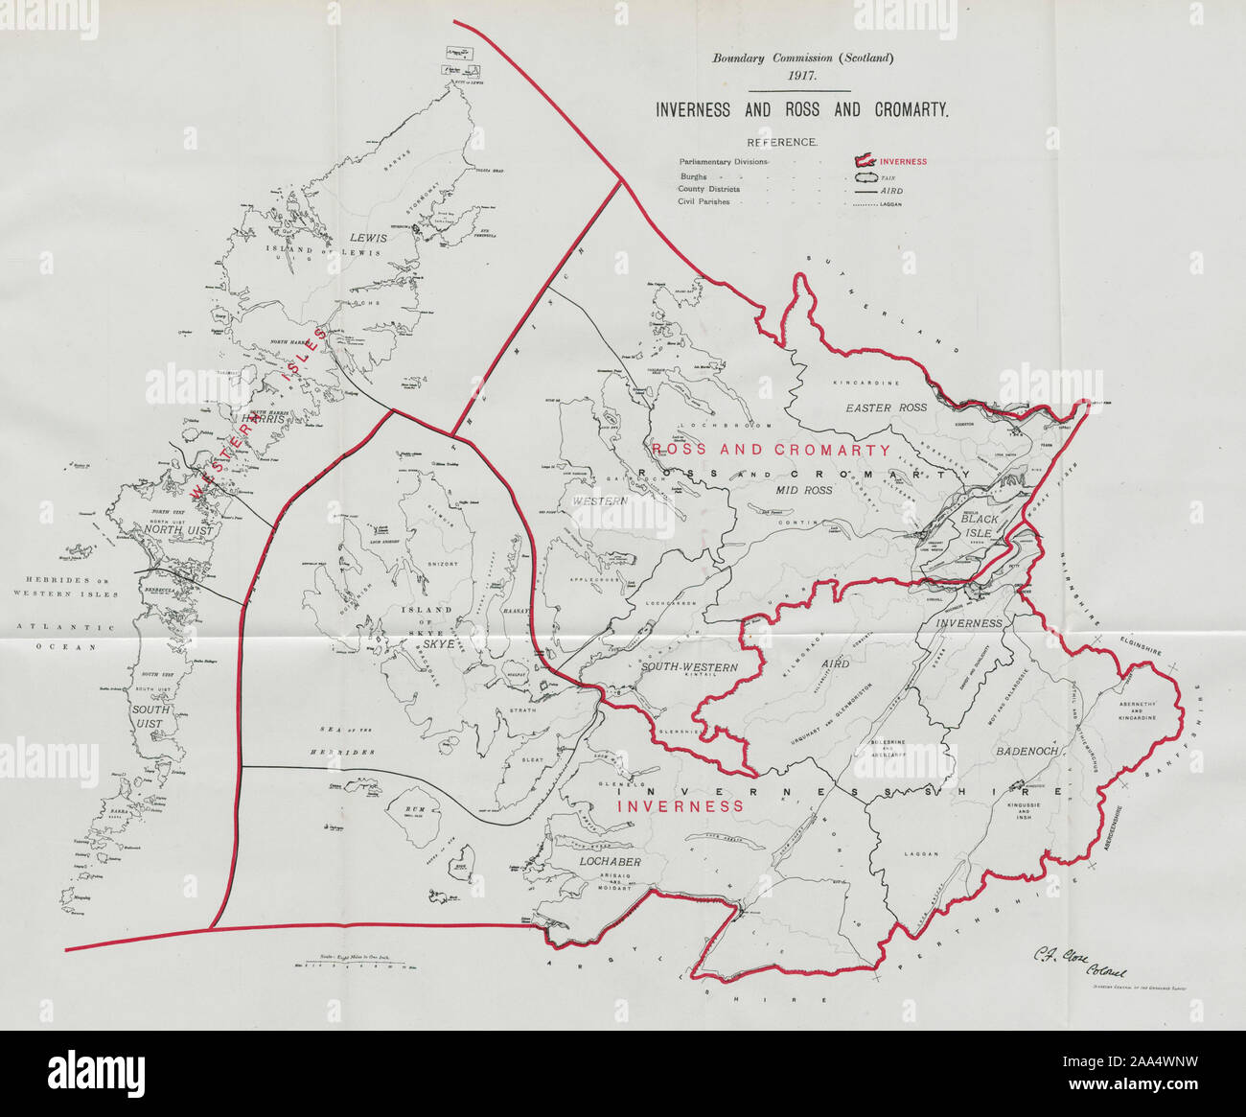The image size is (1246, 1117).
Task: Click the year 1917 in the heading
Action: point(802,76)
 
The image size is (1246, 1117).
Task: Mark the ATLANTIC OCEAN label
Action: point(66,638)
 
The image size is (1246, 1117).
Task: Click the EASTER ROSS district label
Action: point(886,407)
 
